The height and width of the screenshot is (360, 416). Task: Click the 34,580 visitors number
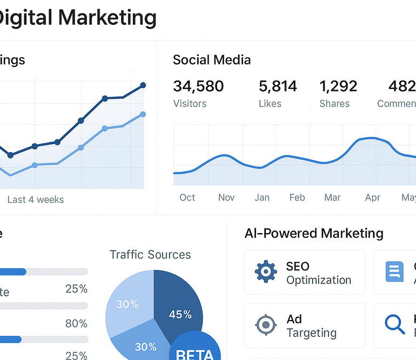[198, 86]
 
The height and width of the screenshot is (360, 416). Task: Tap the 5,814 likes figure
[278, 86]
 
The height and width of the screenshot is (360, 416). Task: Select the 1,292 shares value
[338, 86]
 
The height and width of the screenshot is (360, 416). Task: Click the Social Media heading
[212, 60]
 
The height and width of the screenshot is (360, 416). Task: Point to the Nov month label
[226, 198]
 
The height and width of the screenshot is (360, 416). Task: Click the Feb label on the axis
[297, 198]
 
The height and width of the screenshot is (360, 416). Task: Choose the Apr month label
[372, 198]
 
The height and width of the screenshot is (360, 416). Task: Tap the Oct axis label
[187, 198]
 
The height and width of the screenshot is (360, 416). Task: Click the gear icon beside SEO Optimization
[266, 272]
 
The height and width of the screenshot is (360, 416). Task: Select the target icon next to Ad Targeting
[266, 325]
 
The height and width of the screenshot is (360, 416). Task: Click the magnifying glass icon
[394, 324]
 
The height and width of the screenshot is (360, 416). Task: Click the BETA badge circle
[195, 348]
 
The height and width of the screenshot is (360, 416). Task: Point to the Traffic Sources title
[150, 255]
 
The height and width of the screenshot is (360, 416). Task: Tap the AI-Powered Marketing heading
[314, 233]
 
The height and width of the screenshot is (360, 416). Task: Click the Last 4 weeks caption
[36, 200]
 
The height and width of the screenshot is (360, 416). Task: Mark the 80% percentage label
[76, 323]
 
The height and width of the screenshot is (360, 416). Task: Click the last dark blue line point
[143, 85]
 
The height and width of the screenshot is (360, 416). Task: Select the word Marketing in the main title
[108, 18]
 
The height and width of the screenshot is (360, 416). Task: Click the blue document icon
[394, 271]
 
